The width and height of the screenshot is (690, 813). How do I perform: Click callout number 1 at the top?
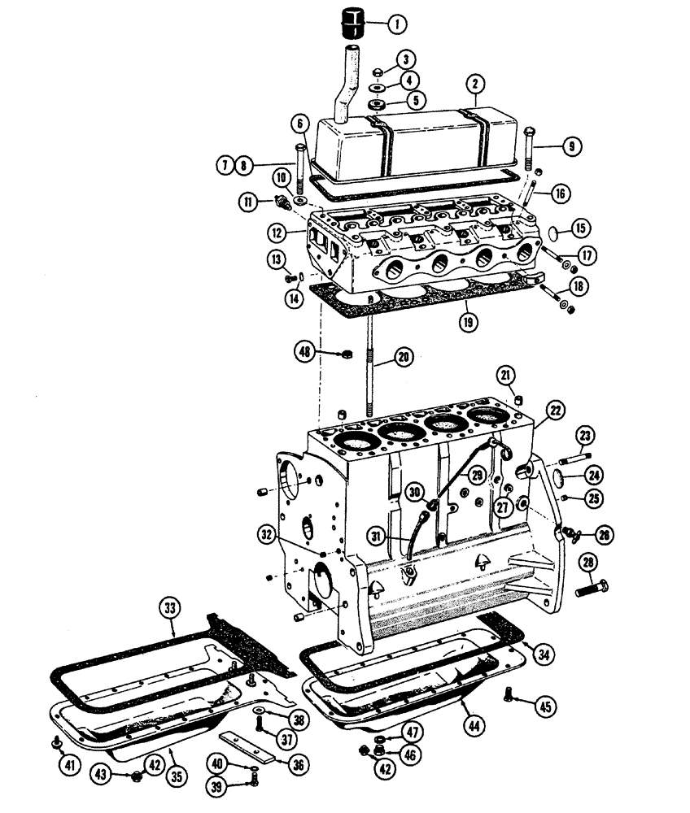click(398, 24)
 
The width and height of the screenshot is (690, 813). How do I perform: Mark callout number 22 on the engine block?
click(556, 412)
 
